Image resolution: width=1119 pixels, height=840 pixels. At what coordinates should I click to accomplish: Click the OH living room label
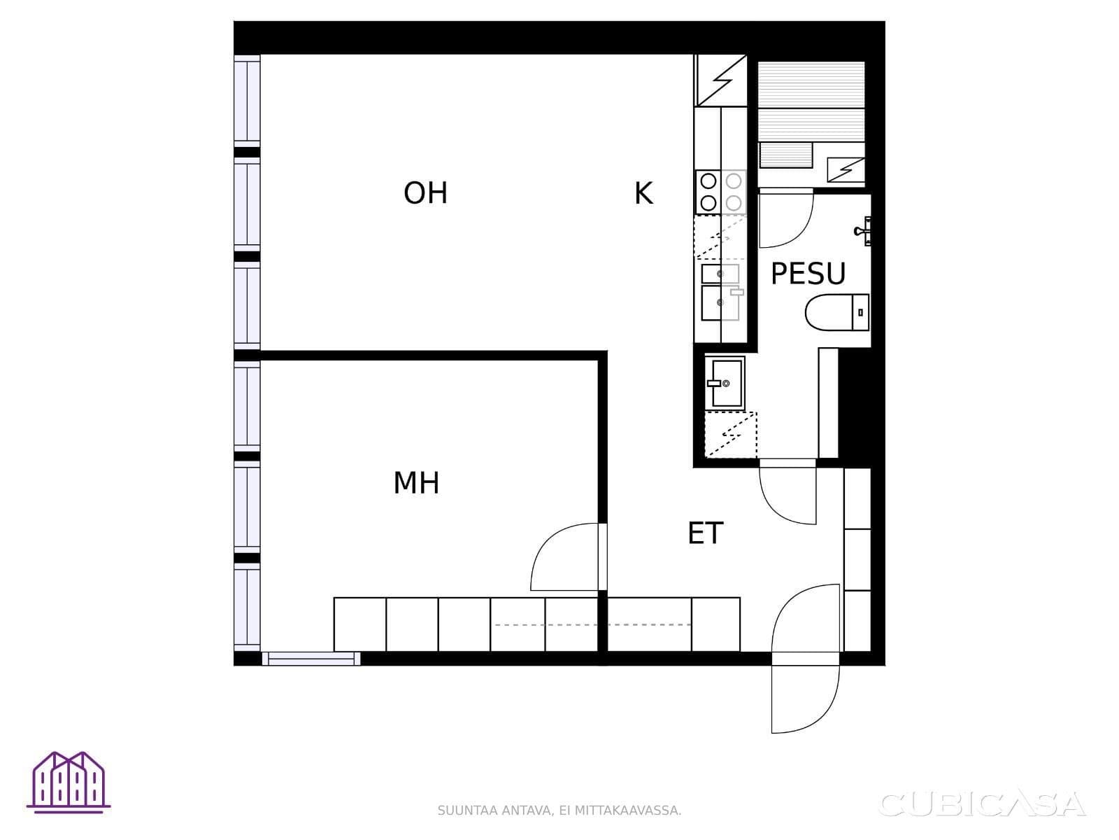[425, 192]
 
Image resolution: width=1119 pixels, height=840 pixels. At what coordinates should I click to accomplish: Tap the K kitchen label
[643, 193]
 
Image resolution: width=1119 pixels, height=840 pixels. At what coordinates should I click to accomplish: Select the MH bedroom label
[416, 482]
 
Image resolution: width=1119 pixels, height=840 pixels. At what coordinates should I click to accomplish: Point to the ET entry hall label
[705, 533]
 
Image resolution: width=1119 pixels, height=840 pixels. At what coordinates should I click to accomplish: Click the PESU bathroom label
[808, 274]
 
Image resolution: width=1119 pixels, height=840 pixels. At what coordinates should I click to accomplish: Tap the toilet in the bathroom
[837, 312]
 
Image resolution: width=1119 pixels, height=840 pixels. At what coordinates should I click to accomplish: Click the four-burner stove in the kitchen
[720, 192]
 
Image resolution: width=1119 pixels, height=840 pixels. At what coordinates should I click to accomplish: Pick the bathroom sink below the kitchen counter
[725, 382]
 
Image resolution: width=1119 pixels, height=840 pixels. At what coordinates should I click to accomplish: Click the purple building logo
[69, 782]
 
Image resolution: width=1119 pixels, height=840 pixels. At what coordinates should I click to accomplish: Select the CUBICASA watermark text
[982, 804]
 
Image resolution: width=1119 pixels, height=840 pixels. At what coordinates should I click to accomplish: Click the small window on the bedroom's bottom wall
[311, 659]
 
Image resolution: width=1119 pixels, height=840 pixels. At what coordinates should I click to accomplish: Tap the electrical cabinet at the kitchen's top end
[720, 80]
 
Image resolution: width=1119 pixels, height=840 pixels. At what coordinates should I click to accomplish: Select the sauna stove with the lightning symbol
[846, 170]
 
